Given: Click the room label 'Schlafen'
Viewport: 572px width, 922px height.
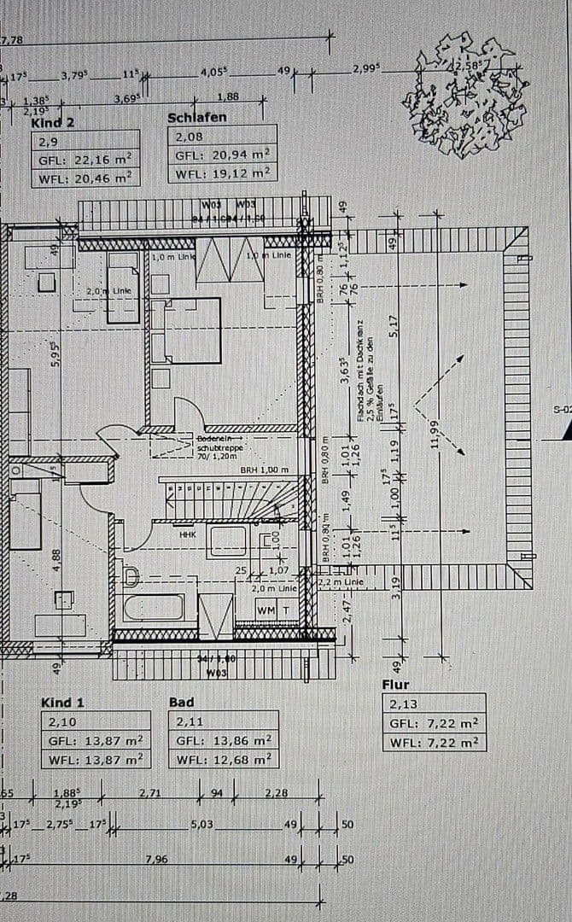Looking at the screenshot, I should [197, 117].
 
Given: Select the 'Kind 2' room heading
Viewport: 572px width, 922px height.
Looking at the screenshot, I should [53, 122].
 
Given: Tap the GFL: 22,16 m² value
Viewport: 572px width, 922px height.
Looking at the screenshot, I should [85, 160].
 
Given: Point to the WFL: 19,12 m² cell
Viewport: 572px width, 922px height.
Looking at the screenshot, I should [222, 173].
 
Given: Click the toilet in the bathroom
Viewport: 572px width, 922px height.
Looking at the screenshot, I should [131, 576].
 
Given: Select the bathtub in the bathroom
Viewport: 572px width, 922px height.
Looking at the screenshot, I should [154, 608].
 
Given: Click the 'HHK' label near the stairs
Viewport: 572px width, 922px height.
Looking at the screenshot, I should [187, 534].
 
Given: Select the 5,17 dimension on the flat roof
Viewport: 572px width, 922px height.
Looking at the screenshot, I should [394, 327].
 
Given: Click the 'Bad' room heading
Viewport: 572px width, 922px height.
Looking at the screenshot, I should [181, 702].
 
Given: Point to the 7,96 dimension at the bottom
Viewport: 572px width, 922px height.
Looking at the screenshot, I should [156, 859].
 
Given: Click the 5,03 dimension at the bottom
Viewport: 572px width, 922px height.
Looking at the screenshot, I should [202, 825].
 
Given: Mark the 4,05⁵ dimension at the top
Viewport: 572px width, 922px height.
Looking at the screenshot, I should [213, 73].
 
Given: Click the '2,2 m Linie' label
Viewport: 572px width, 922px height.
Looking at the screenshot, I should [341, 583].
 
